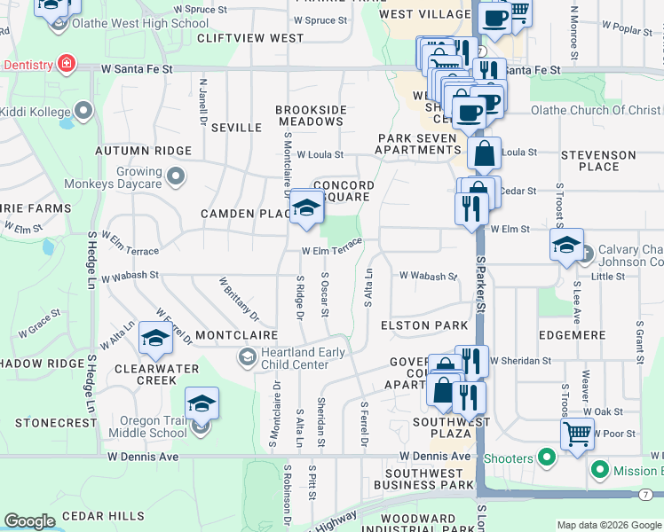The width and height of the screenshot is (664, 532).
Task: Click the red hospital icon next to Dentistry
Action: (65, 64)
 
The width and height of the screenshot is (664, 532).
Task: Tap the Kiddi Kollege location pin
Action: (83, 112)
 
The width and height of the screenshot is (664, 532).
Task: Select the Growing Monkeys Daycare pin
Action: (176, 176)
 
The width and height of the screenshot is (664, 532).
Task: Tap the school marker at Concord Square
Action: (306, 208)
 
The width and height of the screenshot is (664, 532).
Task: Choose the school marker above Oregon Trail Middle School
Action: (202, 403)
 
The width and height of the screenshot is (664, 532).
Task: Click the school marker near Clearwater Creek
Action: (156, 339)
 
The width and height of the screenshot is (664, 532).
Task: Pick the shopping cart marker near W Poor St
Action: (577, 434)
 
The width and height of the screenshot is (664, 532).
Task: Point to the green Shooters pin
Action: (547, 458)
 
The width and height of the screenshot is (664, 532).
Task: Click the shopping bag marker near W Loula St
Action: (485, 153)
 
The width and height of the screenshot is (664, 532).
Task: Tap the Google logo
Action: (29, 521)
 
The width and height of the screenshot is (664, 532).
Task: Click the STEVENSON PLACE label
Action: (598, 160)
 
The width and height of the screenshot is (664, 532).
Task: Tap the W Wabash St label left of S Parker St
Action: (427, 276)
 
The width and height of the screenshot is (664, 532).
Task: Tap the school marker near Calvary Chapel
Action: (565, 246)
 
